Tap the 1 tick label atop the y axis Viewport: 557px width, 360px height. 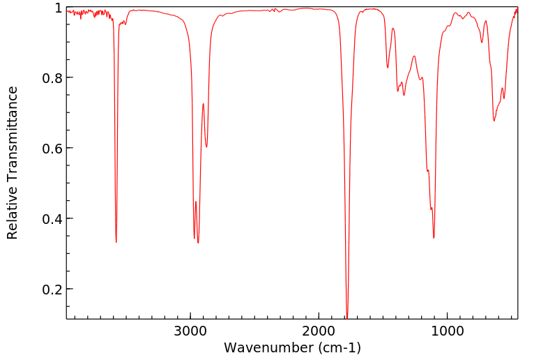pyautogui.click(x=59, y=8)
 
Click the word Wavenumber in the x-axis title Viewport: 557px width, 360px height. pyautogui.click(x=265, y=347)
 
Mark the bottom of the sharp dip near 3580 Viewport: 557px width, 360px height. pyautogui.click(x=116, y=242)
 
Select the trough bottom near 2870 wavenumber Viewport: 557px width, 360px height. pyautogui.click(x=206, y=147)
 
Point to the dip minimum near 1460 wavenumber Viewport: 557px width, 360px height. pyautogui.click(x=388, y=68)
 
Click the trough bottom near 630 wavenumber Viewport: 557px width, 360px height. pyautogui.click(x=494, y=121)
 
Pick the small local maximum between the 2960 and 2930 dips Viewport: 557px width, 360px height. pyautogui.click(x=196, y=202)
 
